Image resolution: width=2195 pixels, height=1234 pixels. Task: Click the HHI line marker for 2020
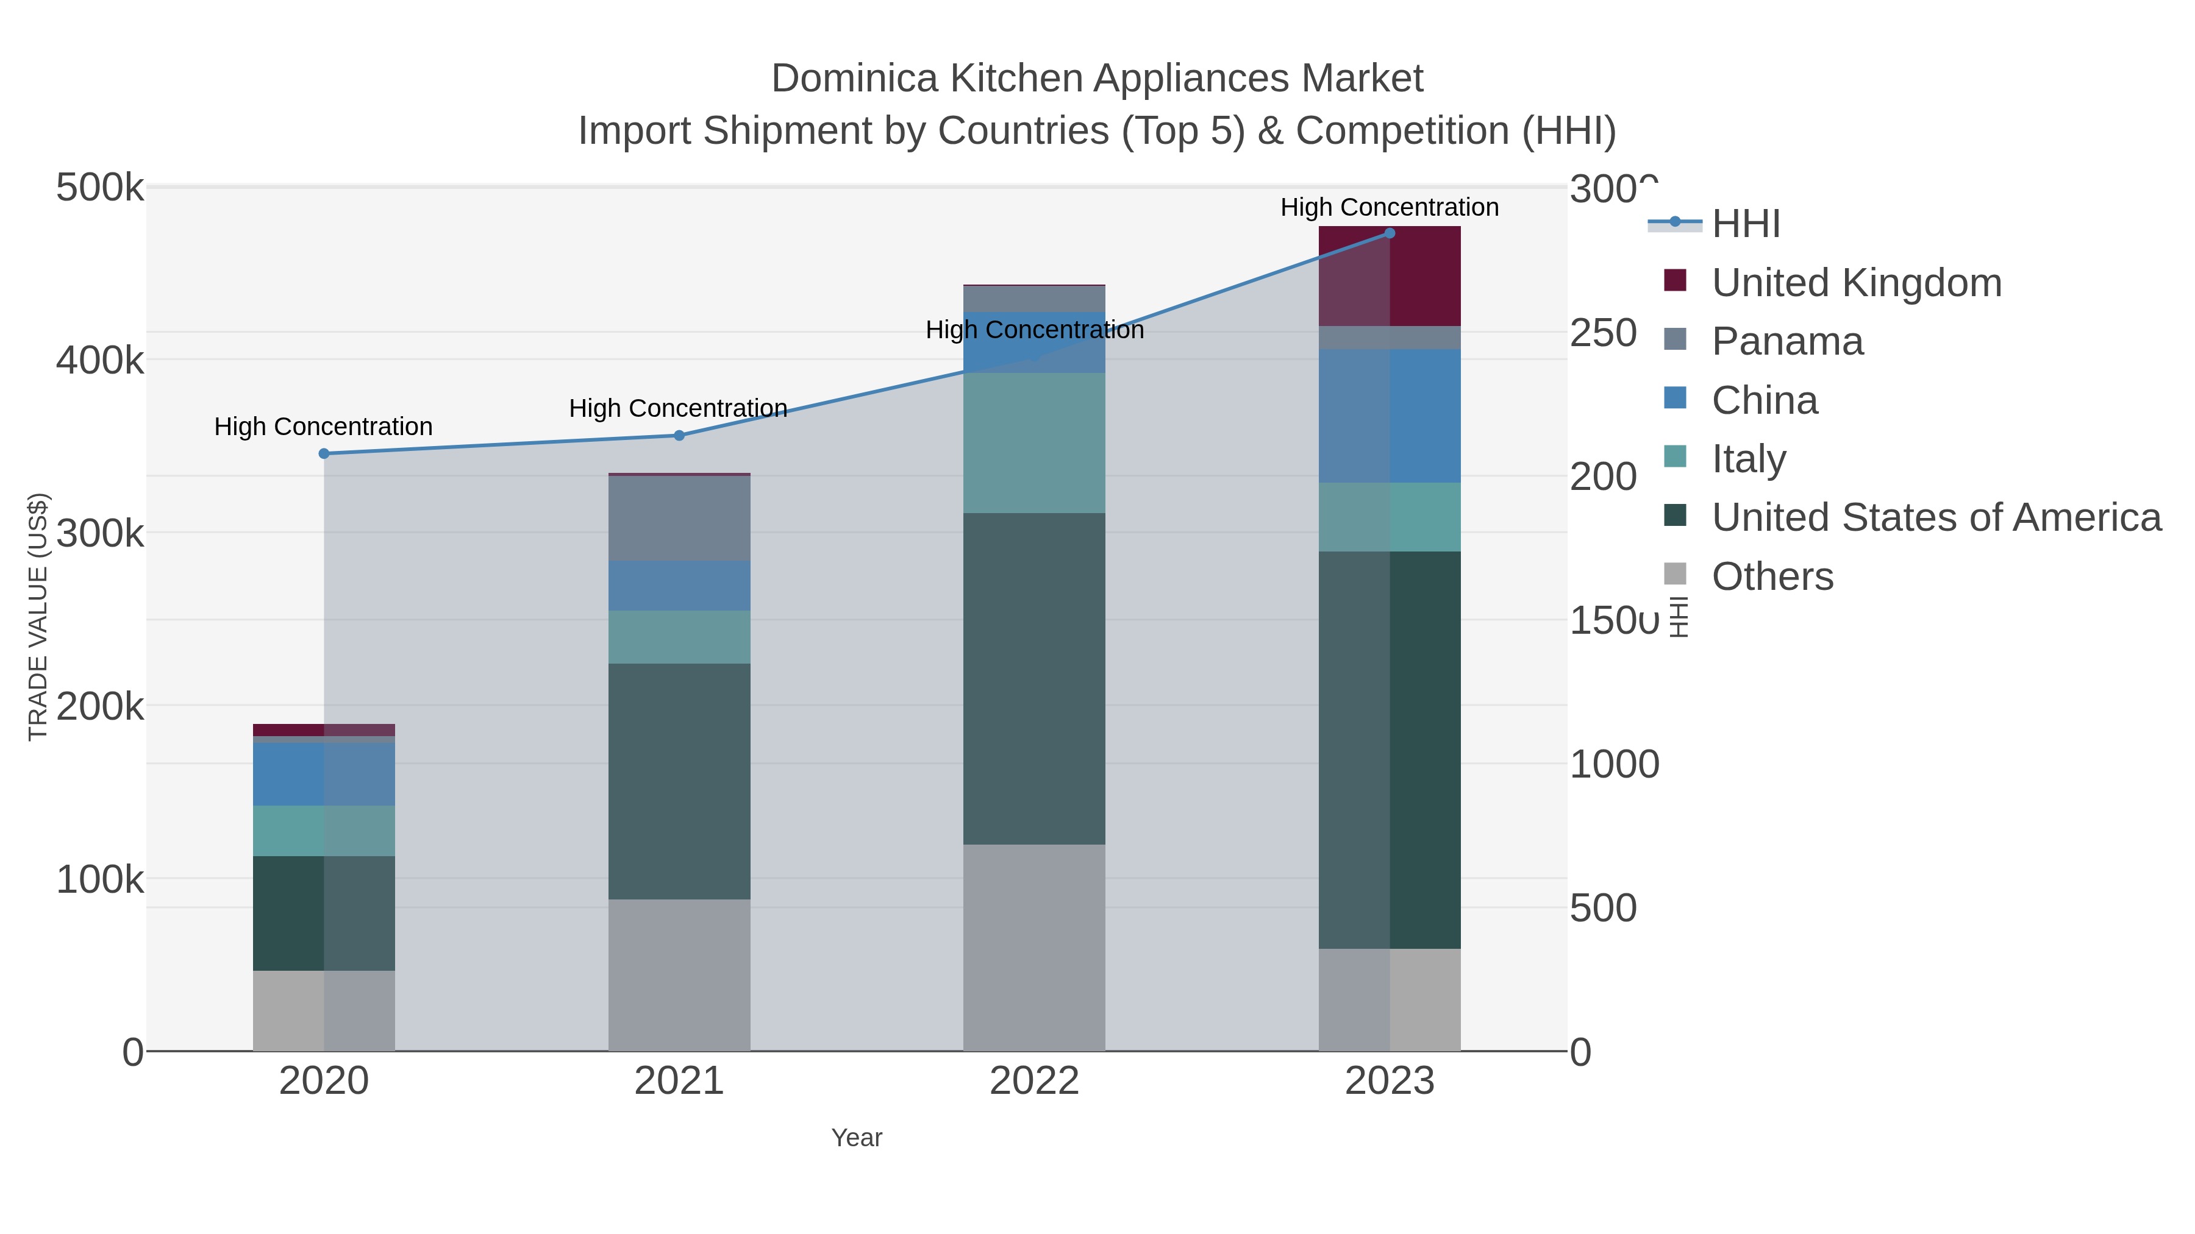click(324, 454)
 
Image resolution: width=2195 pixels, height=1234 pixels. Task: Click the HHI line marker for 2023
click(1390, 233)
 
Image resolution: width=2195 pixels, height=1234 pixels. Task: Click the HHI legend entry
click(1746, 224)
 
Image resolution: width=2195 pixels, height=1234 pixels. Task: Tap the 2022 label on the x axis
click(1035, 1082)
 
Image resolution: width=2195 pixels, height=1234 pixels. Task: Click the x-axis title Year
click(857, 1138)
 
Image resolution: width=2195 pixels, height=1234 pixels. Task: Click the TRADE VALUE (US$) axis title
click(38, 617)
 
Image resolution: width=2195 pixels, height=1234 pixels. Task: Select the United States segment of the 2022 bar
click(1035, 679)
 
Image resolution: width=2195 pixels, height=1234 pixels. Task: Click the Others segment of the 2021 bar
click(679, 975)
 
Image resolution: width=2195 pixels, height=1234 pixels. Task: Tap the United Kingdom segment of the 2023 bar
click(1390, 276)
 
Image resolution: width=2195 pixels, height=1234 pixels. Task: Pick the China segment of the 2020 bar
click(324, 774)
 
